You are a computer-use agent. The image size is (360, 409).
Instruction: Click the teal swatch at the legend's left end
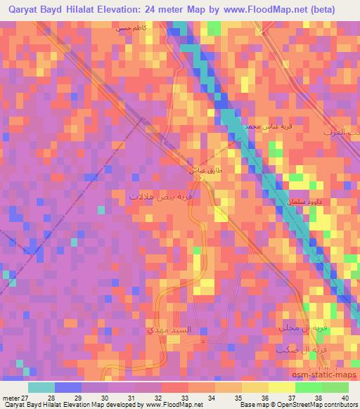tap(41, 387)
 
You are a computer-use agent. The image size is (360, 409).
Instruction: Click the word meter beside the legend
tap(9, 398)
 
